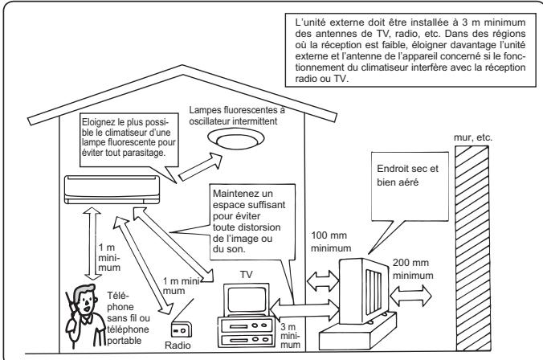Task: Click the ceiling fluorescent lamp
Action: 236,139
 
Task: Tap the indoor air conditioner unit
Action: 112,190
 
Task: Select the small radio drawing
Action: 182,329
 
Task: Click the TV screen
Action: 247,300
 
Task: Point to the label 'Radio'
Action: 178,346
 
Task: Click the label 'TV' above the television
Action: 247,275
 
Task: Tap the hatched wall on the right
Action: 472,248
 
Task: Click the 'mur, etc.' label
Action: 472,137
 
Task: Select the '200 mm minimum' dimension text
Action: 413,269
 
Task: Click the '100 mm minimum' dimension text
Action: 331,242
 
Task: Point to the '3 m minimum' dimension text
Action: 290,335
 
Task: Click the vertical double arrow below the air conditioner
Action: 92,243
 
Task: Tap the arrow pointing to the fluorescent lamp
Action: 200,167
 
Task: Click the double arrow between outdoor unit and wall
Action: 410,296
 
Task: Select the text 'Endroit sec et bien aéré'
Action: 407,175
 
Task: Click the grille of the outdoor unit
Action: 374,291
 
